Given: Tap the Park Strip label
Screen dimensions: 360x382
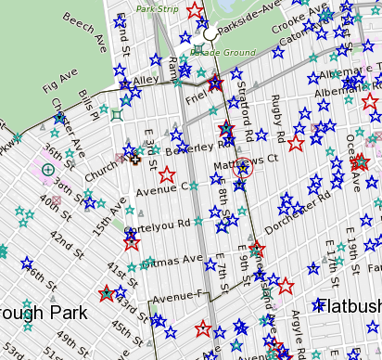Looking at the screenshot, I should point(158,8).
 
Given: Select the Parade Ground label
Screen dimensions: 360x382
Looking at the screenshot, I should point(223,53).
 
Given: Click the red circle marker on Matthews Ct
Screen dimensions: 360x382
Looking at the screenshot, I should point(244,168).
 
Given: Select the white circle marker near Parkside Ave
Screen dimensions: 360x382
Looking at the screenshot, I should point(210,33).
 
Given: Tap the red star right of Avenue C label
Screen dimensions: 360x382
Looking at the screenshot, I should point(167,174).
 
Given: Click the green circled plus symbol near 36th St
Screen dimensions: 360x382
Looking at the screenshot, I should point(48,169).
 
